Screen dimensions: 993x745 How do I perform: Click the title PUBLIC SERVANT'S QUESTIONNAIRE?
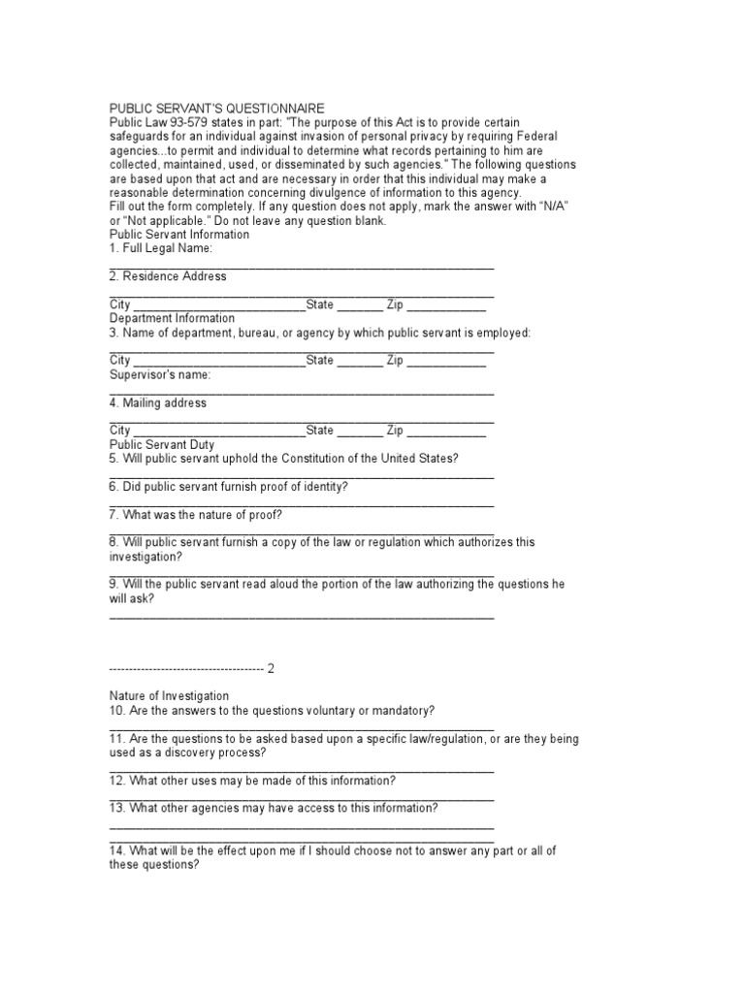click(x=216, y=108)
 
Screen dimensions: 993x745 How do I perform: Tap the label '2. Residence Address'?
click(x=168, y=276)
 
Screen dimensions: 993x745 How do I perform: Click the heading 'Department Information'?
click(x=172, y=318)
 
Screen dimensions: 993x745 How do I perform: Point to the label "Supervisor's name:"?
click(x=159, y=374)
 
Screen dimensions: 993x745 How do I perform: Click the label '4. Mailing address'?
click(x=158, y=402)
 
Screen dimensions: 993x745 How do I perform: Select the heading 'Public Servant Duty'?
click(x=162, y=444)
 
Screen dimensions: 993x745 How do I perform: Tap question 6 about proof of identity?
click(x=229, y=487)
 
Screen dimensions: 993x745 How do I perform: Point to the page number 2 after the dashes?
click(x=272, y=668)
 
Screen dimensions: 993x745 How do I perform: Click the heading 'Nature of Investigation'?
click(x=169, y=695)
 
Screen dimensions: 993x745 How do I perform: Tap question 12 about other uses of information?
click(x=252, y=781)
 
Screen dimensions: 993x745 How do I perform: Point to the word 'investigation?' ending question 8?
click(x=145, y=557)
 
